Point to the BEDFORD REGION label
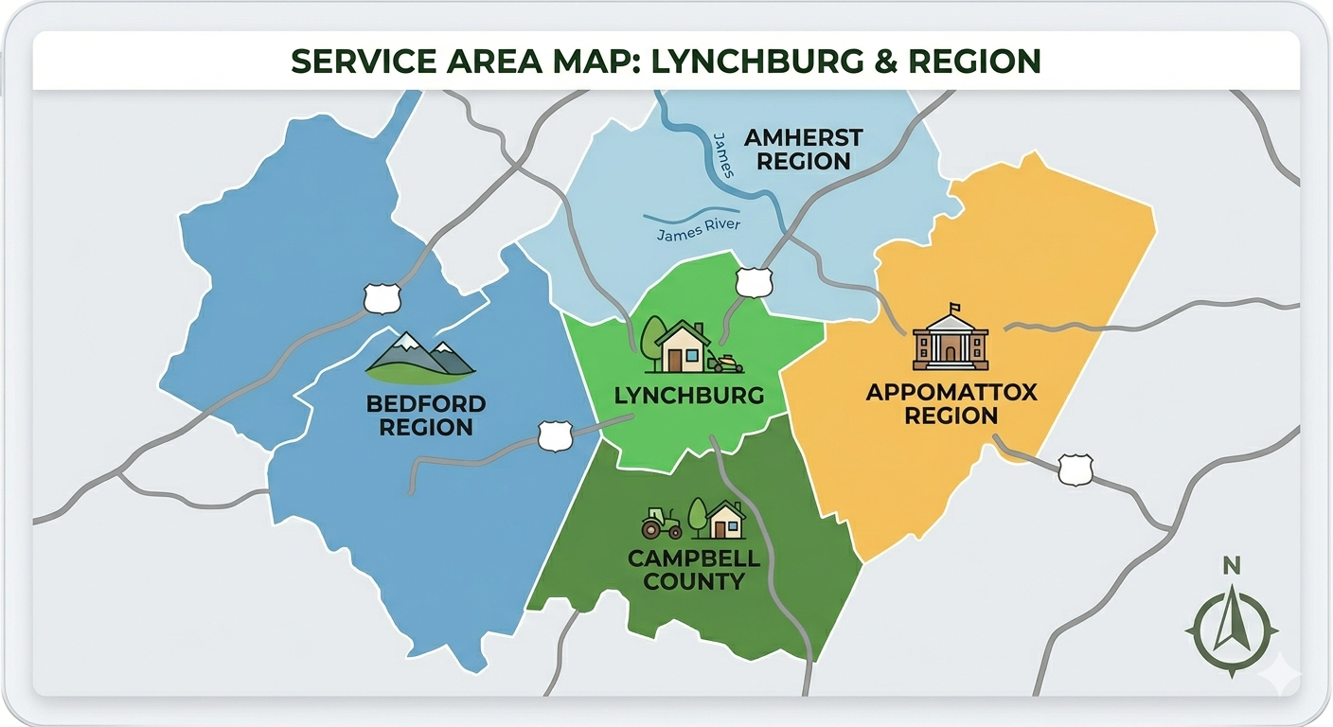click(x=426, y=416)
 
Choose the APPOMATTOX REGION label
click(x=951, y=403)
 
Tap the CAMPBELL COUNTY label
click(x=694, y=569)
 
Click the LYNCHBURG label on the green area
click(x=688, y=395)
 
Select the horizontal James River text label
click(x=699, y=229)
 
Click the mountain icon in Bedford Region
click(x=420, y=354)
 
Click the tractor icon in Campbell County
click(x=661, y=523)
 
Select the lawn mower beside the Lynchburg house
click(x=728, y=363)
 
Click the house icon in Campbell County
click(x=725, y=520)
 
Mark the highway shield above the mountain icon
click(x=382, y=298)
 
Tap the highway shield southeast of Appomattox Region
click(x=1075, y=470)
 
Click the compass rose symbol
click(x=1231, y=629)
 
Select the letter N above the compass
click(x=1231, y=566)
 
